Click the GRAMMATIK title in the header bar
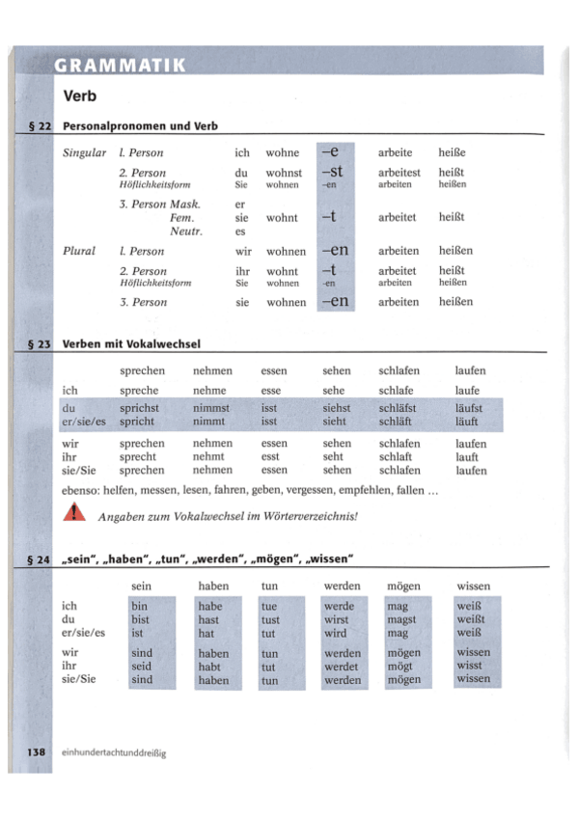121,66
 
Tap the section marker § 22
40,126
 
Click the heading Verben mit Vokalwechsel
131,343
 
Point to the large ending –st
332,172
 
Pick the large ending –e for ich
332,151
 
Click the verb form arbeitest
399,173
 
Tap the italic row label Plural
79,251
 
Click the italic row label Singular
85,152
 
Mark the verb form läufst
469,408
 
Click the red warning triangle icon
74,513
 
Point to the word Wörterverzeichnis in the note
304,516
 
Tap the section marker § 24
40,559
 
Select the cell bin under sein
139,606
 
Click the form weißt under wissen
470,619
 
